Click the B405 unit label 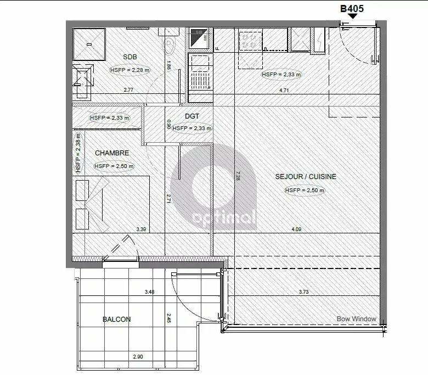[352, 8]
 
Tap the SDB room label [130, 57]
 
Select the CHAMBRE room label [112, 153]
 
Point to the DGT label [192, 116]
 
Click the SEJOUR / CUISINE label [306, 177]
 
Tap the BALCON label [116, 320]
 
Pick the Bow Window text [356, 319]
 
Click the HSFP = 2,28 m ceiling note [130, 70]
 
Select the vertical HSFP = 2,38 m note [78, 153]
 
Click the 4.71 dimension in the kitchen [284, 90]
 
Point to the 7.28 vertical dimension [238, 176]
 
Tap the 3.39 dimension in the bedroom [141, 230]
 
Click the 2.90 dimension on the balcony [138, 357]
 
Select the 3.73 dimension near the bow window [303, 292]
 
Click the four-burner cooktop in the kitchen [250, 40]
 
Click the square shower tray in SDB [89, 44]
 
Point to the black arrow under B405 [352, 16]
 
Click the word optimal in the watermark [224, 217]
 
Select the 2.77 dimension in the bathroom [128, 90]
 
